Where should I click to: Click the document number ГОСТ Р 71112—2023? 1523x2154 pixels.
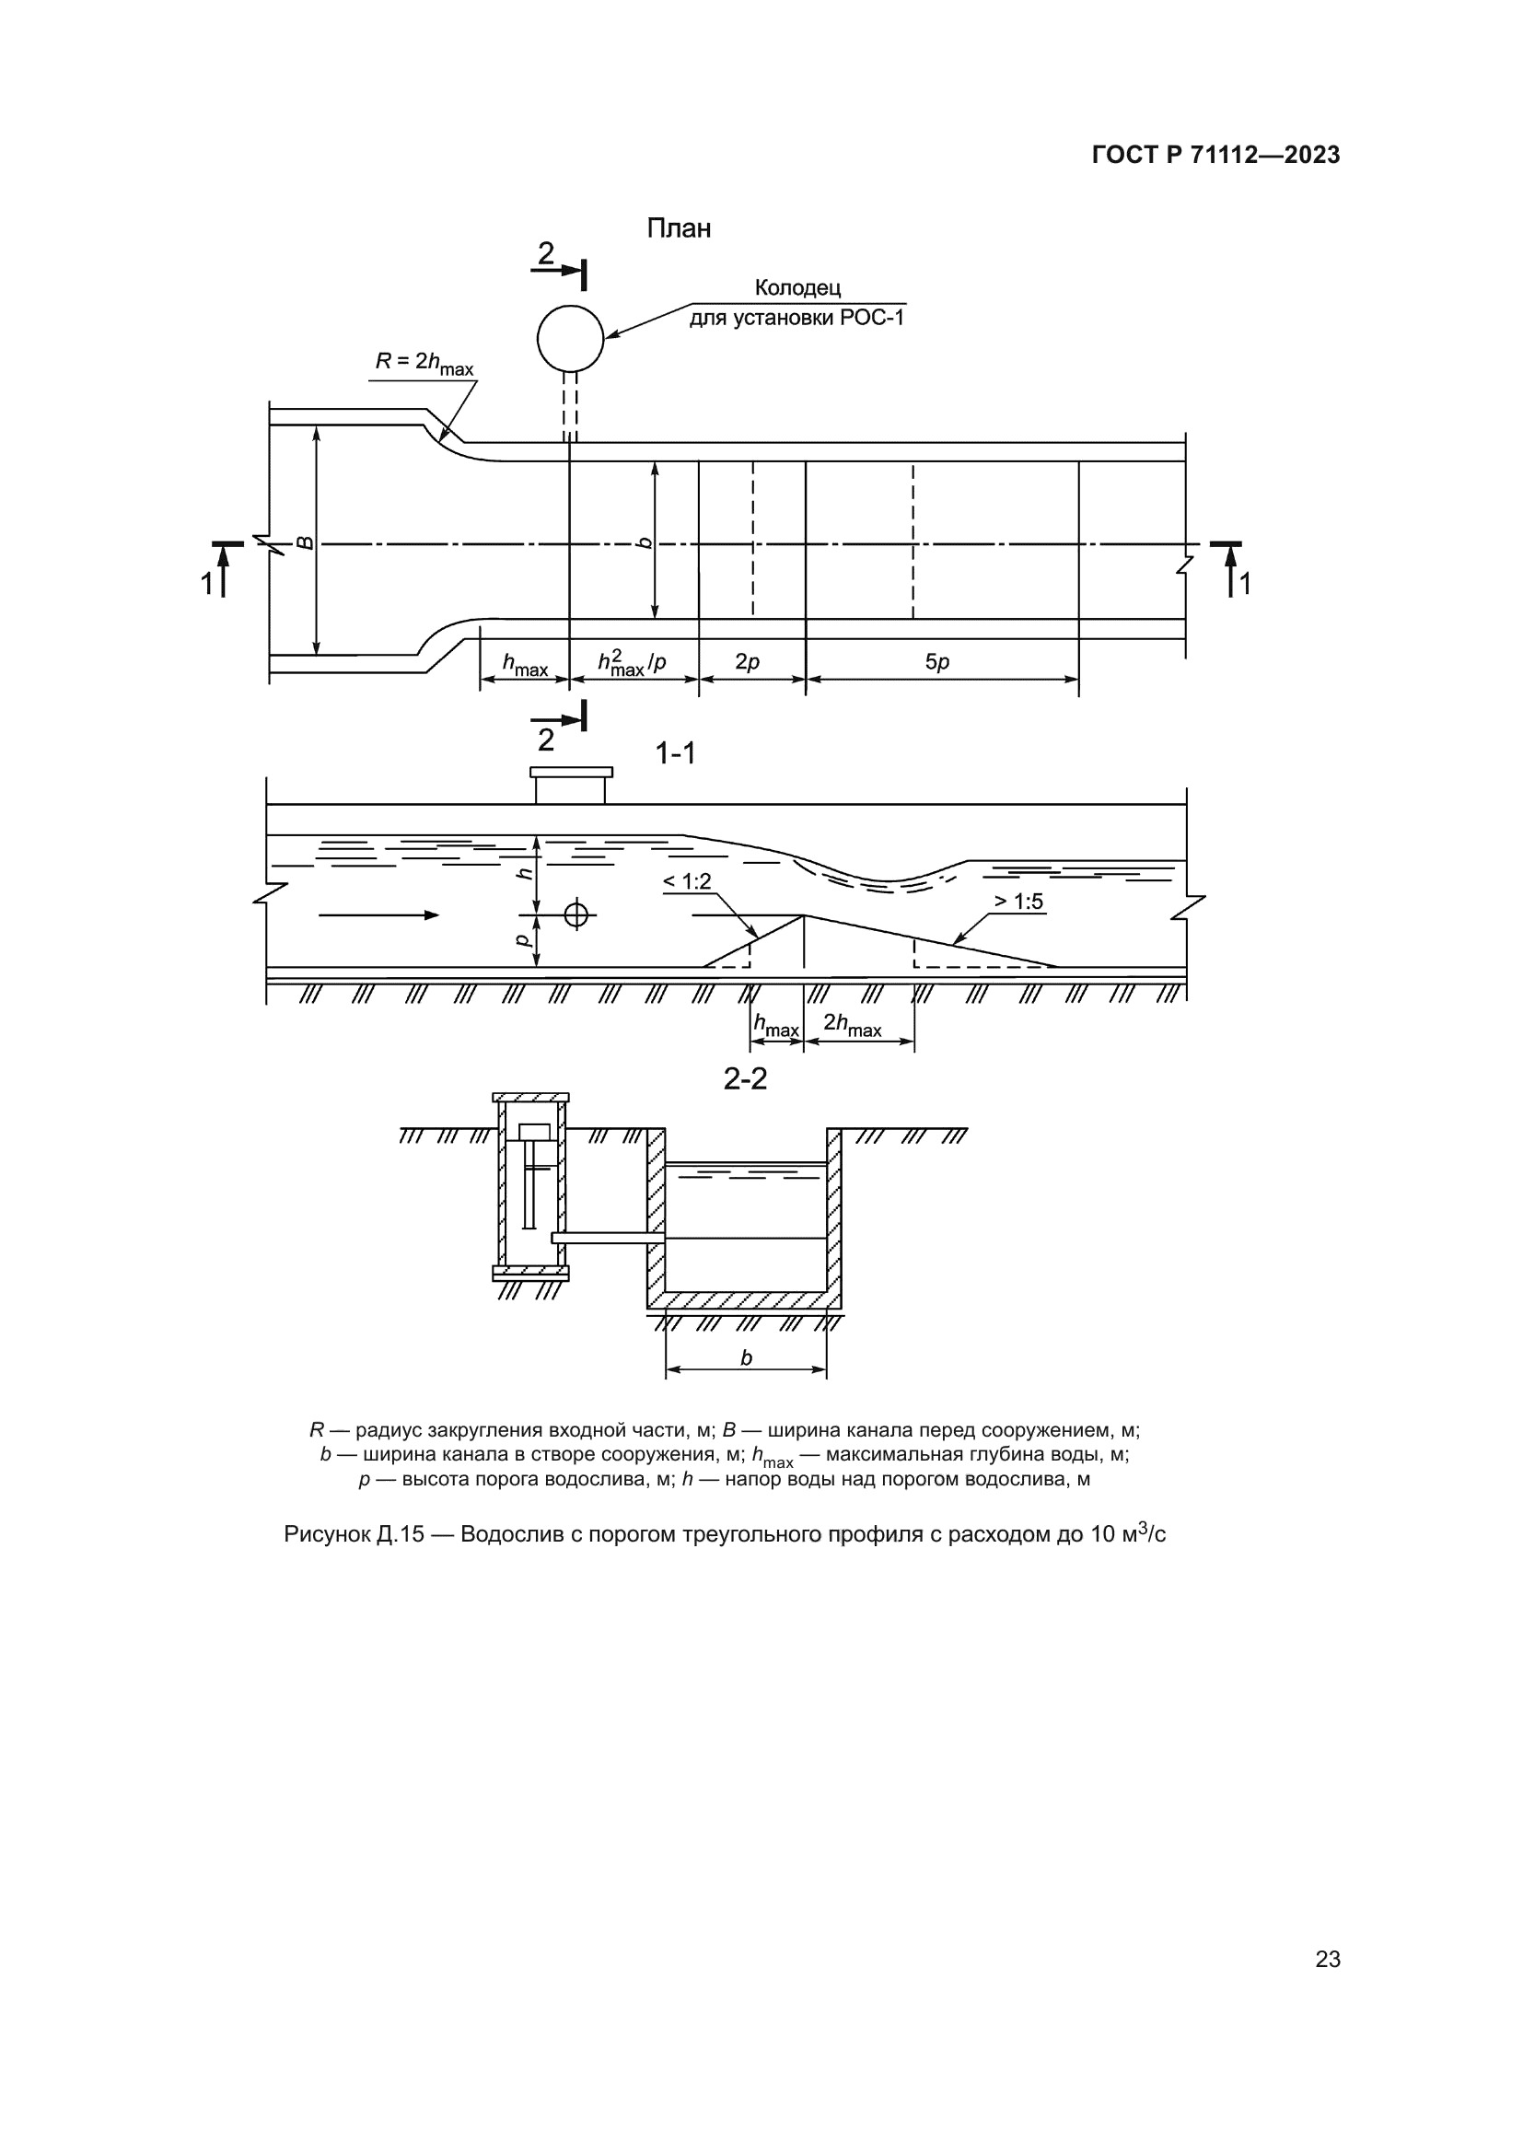coord(1215,156)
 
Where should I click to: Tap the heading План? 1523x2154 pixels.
coord(678,229)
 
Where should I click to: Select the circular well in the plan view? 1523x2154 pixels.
coord(570,339)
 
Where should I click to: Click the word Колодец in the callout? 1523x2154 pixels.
coord(797,288)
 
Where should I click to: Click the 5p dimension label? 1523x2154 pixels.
coord(936,662)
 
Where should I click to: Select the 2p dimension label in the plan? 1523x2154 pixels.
coord(748,662)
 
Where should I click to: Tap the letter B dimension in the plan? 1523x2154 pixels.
coord(306,542)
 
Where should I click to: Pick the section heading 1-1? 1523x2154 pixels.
coord(675,753)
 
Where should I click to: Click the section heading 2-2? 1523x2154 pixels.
coord(746,1079)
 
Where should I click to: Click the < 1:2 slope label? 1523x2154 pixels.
coord(688,882)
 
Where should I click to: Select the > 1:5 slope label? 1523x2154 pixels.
coord(1018,902)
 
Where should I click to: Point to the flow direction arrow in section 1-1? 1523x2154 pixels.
coord(378,914)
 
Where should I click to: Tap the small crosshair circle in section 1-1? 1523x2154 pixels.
coord(576,914)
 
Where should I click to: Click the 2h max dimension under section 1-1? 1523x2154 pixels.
coord(853,1025)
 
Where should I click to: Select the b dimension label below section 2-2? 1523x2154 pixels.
coord(747,1357)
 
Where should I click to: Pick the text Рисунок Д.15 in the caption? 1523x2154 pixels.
coord(353,1535)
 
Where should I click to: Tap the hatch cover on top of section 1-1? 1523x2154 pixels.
coord(571,773)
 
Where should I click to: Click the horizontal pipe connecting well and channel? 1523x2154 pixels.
coord(608,1239)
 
